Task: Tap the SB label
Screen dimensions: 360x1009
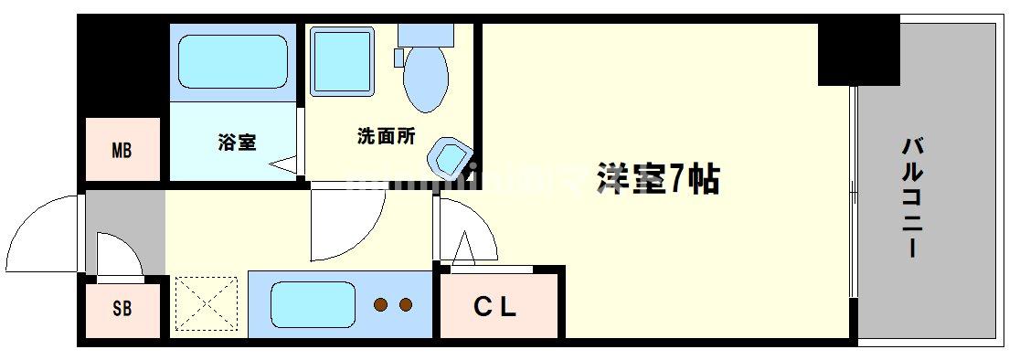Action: pyautogui.click(x=122, y=309)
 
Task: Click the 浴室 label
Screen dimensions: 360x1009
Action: pyautogui.click(x=236, y=143)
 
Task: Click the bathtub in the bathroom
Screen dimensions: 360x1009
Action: pyautogui.click(x=232, y=60)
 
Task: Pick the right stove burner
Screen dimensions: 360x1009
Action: pyautogui.click(x=406, y=304)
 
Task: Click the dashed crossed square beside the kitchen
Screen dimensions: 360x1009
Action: pyautogui.click(x=206, y=304)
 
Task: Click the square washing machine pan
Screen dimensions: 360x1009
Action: pyautogui.click(x=343, y=60)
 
